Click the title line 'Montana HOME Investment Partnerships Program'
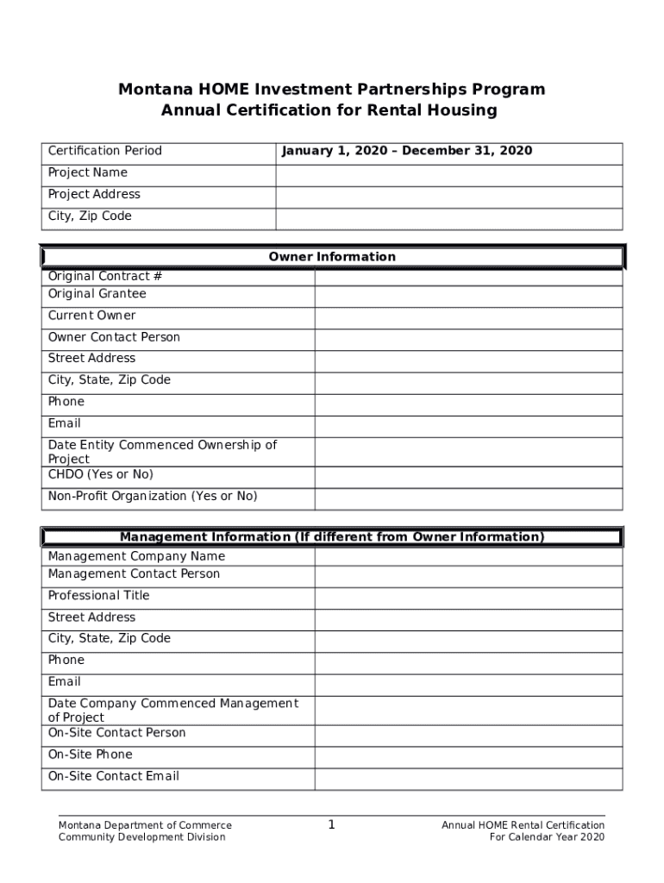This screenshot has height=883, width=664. click(331, 90)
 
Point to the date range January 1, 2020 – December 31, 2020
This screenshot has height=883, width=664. click(406, 152)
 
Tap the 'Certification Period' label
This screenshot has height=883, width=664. click(104, 152)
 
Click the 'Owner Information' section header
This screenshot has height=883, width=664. click(332, 257)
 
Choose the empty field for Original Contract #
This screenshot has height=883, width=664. click(468, 277)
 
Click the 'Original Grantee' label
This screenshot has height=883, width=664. click(97, 294)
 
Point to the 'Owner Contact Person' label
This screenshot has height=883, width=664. click(114, 337)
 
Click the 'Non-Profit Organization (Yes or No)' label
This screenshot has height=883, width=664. click(153, 497)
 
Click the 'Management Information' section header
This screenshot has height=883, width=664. click(332, 537)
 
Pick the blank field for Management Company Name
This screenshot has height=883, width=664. click(468, 556)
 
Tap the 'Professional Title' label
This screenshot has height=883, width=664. click(98, 596)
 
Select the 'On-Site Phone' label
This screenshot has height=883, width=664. click(90, 755)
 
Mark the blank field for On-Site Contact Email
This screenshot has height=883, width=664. click(468, 779)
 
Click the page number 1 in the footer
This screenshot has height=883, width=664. click(331, 825)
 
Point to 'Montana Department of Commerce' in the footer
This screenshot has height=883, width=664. click(145, 825)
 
